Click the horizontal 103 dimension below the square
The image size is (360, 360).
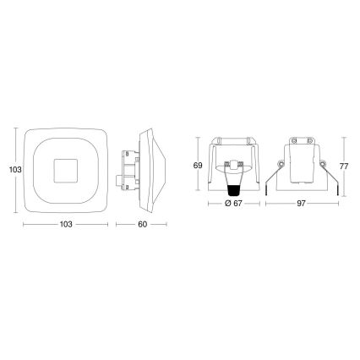click(x=66, y=226)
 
